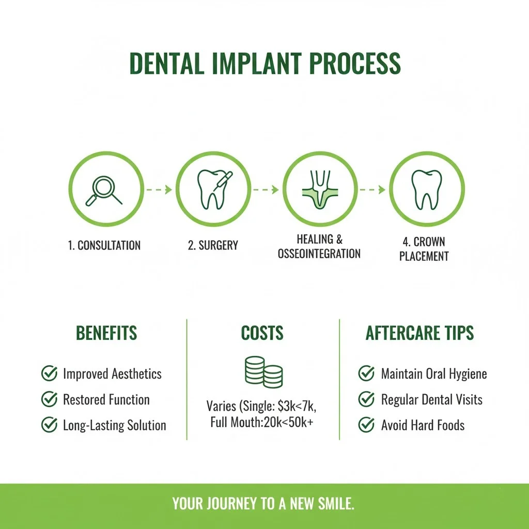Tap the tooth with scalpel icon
pyautogui.click(x=213, y=190)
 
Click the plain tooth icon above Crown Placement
pyautogui.click(x=426, y=190)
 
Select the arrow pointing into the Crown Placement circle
pyautogui.click(x=373, y=190)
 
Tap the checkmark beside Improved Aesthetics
pyautogui.click(x=49, y=374)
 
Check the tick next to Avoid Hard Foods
pyautogui.click(x=366, y=425)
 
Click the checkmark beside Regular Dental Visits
pyautogui.click(x=366, y=399)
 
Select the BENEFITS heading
pyautogui.click(x=106, y=333)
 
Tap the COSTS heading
pyautogui.click(x=262, y=333)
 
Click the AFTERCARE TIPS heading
pyautogui.click(x=419, y=333)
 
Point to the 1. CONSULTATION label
pyautogui.click(x=104, y=245)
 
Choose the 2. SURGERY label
pyautogui.click(x=213, y=245)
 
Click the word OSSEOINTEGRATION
pyautogui.click(x=319, y=254)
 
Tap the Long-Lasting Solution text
pyautogui.click(x=115, y=426)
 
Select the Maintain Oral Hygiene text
pyautogui.click(x=434, y=374)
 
